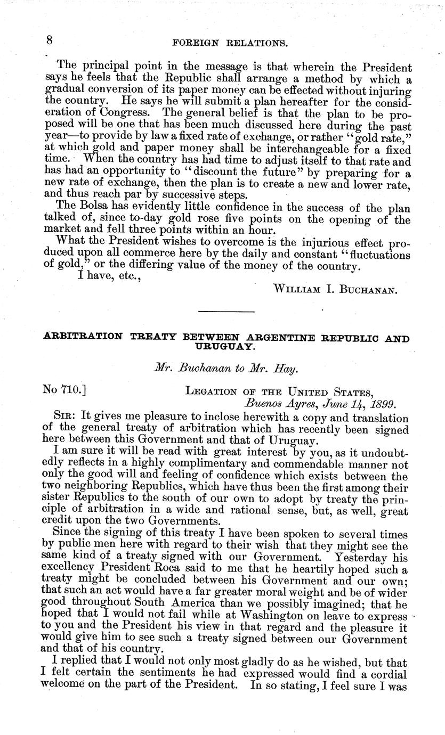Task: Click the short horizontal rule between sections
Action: pyautogui.click(x=226, y=311)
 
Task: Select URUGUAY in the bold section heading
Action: pyautogui.click(x=226, y=346)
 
